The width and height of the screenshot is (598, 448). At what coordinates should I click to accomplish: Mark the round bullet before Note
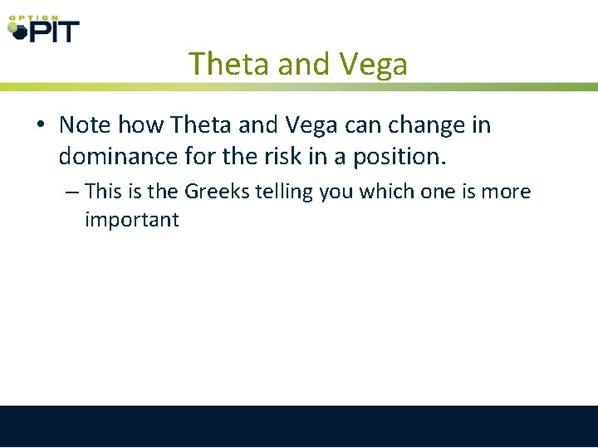coord(41,126)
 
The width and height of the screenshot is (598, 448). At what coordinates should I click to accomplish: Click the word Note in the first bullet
coord(86,125)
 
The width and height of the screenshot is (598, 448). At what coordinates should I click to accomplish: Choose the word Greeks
coord(218,192)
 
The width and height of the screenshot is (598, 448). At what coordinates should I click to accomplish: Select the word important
coord(131,220)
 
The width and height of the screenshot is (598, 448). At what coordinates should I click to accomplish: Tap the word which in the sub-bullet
coord(387,192)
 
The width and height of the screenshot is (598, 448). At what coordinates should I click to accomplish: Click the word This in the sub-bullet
coord(104,192)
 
